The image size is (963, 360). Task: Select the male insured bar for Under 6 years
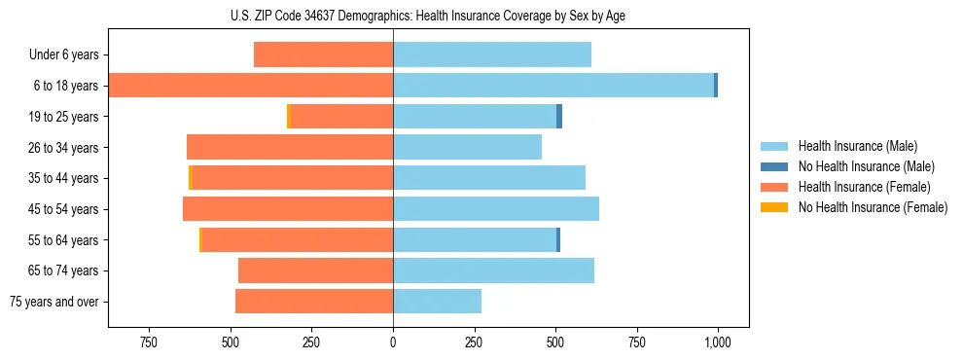[492, 54]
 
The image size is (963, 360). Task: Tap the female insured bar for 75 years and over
[314, 302]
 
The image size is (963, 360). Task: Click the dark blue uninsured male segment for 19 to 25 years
[559, 117]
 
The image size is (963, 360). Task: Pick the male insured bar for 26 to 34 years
[467, 147]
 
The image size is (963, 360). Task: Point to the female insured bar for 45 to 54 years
[288, 209]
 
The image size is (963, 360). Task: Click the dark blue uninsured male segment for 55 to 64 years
[558, 239]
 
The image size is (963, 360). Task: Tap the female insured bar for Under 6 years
[323, 54]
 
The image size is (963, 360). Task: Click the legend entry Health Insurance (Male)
[857, 146]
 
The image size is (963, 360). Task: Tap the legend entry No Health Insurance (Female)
[872, 207]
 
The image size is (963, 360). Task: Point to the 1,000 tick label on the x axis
[718, 342]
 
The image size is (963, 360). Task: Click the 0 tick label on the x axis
[393, 342]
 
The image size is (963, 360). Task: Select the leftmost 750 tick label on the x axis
[149, 342]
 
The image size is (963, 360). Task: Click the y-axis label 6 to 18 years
[65, 86]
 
